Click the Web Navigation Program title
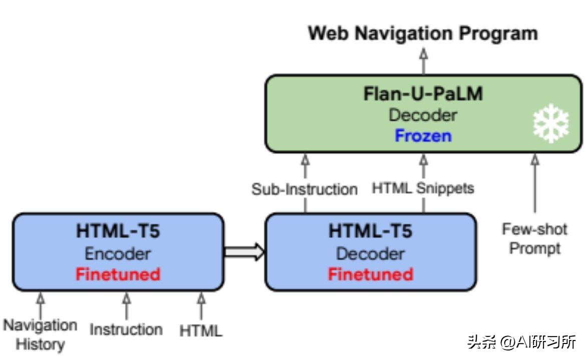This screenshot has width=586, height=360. (423, 33)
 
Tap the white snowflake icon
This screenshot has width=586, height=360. (551, 123)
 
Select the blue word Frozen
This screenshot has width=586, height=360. (423, 135)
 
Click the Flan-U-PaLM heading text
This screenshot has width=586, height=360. (423, 93)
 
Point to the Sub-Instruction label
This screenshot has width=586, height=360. (304, 189)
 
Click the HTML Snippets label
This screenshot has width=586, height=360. (423, 188)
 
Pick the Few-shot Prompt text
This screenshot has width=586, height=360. (534, 238)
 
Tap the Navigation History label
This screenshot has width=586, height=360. (41, 334)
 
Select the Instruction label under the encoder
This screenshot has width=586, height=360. (126, 329)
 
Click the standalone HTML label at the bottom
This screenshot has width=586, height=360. (201, 330)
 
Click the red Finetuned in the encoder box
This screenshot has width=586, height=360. (118, 274)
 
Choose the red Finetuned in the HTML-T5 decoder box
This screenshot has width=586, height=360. (370, 274)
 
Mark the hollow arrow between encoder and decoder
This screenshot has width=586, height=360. (244, 251)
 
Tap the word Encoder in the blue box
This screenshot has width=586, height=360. (118, 253)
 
